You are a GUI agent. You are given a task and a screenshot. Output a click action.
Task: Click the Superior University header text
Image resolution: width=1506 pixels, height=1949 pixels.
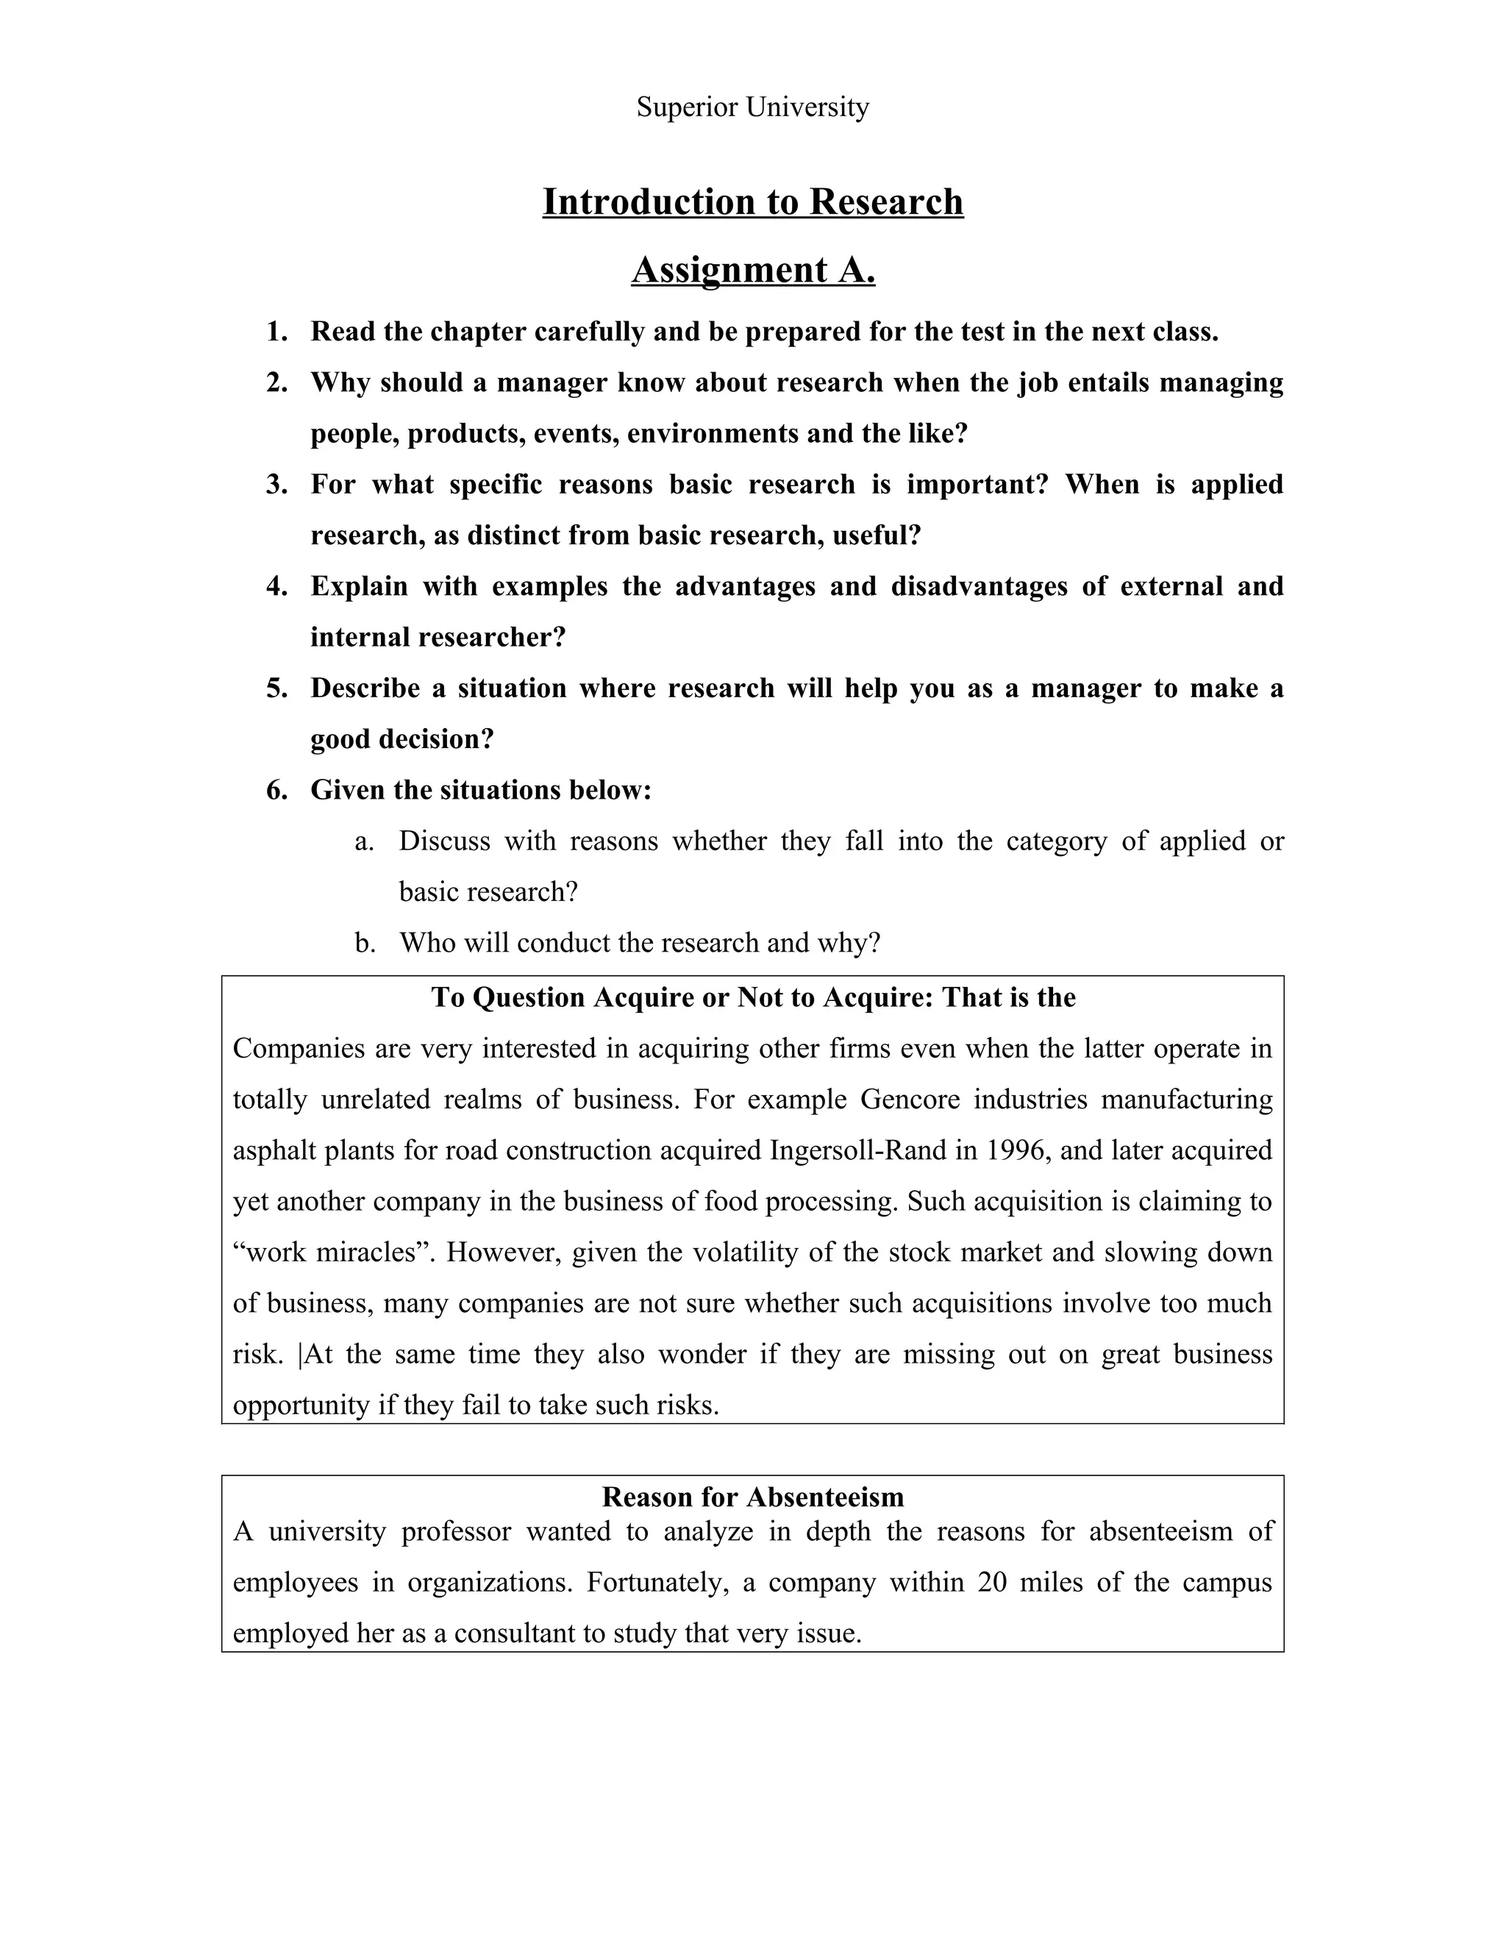752,107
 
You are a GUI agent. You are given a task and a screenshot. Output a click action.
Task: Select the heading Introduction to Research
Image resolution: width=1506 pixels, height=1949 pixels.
752,202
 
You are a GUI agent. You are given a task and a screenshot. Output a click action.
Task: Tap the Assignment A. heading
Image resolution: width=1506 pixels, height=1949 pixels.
752,269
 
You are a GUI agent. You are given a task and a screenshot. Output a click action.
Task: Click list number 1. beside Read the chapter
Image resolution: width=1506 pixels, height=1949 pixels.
276,332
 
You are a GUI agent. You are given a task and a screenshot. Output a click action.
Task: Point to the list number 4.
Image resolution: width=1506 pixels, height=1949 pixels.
276,586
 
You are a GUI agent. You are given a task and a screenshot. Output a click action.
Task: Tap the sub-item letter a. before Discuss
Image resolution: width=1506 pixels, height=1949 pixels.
363,841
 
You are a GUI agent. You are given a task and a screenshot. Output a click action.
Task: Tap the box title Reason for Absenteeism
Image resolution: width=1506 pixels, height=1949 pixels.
752,1497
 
